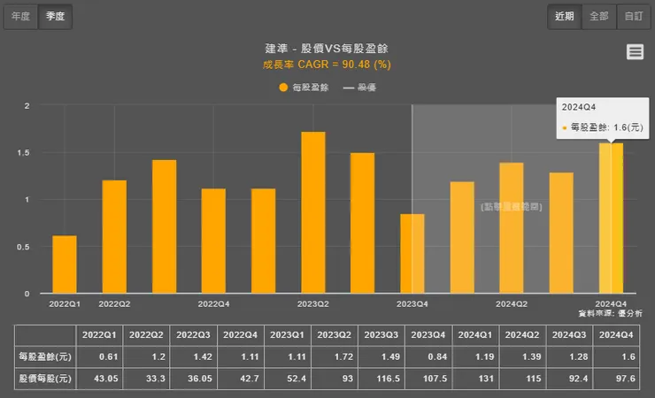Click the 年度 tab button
point(20,16)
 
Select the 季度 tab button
point(55,16)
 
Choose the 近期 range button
point(565,16)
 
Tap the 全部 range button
point(599,16)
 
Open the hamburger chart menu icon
point(635,52)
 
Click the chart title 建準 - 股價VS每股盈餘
point(327,48)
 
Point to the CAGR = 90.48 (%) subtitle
point(327,64)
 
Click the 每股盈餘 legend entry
point(304,88)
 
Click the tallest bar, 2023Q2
point(313,213)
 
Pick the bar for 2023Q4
point(412,254)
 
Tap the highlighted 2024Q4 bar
point(611,218)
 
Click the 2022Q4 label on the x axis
point(213,303)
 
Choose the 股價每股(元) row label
point(44,379)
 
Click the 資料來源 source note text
point(610,313)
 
